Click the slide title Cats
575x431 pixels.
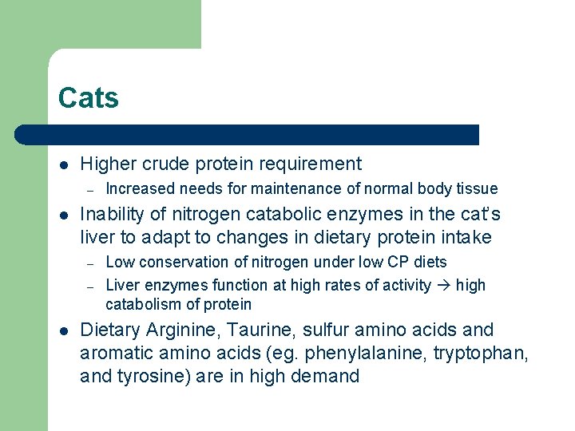click(x=88, y=99)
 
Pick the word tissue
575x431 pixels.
click(x=477, y=189)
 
